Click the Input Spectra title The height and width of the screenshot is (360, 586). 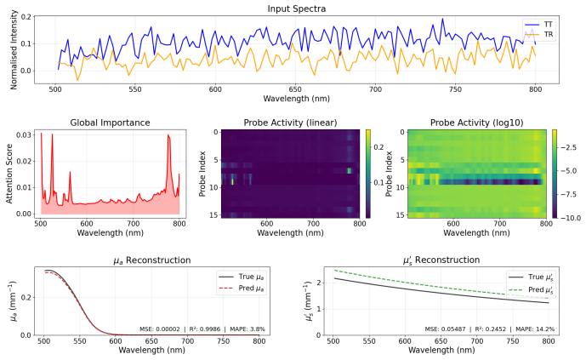296,9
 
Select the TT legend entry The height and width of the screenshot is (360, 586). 538,25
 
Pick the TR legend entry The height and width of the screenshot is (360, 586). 538,34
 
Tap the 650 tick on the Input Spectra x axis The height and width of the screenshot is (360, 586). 295,89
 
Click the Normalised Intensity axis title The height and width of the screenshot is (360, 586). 14,49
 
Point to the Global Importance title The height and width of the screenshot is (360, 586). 110,123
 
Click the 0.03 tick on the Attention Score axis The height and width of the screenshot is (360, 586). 24,135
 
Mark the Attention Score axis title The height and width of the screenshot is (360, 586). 9,174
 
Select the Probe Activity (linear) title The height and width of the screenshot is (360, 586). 290,123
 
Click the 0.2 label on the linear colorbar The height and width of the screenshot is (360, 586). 378,147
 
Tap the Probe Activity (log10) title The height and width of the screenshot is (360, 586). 476,123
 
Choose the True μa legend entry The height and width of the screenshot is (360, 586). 242,277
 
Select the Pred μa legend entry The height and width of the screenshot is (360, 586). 242,289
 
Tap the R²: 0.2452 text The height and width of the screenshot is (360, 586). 491,329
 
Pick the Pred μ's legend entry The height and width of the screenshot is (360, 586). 531,289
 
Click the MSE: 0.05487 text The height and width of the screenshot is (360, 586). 445,329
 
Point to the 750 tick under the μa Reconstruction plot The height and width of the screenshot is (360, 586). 224,341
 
